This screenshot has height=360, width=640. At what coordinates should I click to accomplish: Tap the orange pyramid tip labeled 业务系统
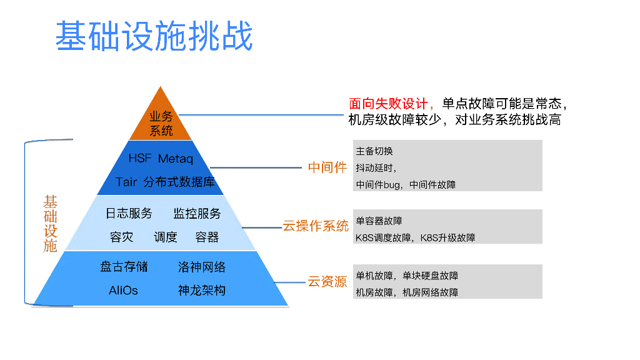tap(161, 122)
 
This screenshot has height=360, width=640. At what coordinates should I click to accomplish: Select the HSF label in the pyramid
tap(139, 159)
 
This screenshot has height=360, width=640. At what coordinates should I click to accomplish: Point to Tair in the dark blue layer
tap(126, 182)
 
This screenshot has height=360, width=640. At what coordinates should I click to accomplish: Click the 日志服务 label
tap(129, 214)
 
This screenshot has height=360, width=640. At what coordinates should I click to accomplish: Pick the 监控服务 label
tap(197, 214)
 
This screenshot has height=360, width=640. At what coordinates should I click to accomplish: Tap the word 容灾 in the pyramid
tap(122, 237)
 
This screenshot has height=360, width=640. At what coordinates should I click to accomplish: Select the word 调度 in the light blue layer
tap(166, 237)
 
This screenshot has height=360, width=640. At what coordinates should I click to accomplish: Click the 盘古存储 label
tap(124, 267)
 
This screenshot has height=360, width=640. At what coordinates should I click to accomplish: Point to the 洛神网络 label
tap(202, 267)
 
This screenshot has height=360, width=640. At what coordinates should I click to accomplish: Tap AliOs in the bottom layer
tap(123, 291)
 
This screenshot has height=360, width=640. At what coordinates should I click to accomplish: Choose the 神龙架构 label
tap(202, 291)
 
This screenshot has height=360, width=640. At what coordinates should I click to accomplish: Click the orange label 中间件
tap(327, 167)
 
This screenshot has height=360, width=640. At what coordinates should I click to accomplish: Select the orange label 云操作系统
tap(316, 226)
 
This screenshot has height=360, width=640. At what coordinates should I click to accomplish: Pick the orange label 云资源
tap(327, 282)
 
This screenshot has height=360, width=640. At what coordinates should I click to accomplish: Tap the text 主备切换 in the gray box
tap(374, 152)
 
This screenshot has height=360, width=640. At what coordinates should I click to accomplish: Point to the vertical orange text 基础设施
tap(51, 224)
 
